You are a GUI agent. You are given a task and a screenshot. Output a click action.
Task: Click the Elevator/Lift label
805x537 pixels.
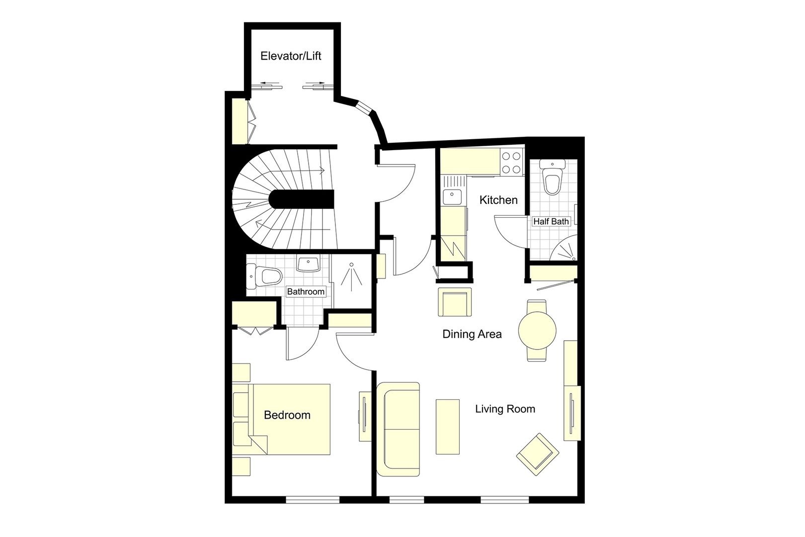(291, 56)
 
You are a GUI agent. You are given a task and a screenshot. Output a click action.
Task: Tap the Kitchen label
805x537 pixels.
(498, 200)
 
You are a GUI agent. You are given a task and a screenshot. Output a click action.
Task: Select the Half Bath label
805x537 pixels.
(551, 221)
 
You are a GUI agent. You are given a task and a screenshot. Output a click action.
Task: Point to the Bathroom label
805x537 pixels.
(306, 291)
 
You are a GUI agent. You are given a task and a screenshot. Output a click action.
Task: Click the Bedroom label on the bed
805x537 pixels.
(287, 415)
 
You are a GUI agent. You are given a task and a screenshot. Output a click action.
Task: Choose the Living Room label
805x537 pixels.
(505, 409)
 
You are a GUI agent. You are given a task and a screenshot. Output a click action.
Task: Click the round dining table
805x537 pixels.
(537, 330)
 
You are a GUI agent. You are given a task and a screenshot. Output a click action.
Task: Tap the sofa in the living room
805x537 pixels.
(399, 429)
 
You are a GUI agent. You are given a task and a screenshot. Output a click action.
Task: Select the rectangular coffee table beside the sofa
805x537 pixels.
(447, 426)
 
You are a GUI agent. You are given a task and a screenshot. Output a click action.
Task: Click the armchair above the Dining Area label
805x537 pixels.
(454, 302)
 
